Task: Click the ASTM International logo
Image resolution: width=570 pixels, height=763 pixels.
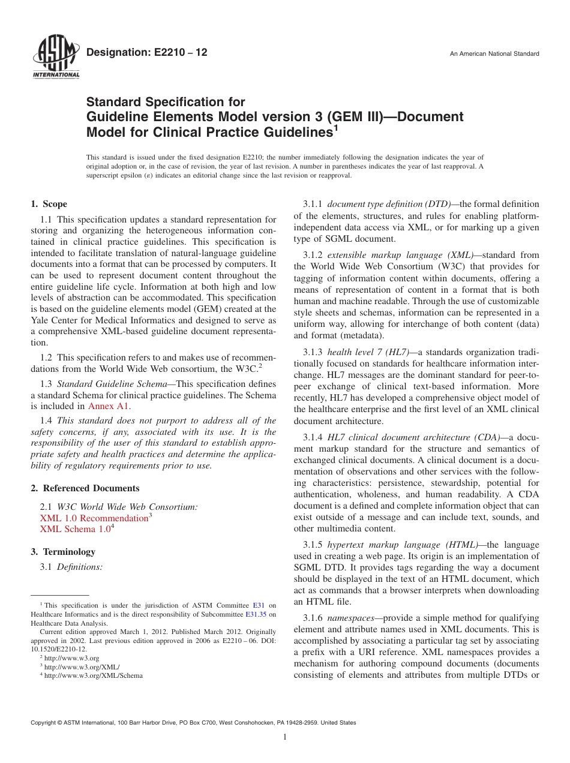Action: (56, 58)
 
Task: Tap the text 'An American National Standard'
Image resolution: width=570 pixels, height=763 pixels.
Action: (494, 54)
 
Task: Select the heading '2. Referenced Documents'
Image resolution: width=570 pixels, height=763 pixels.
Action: (85, 488)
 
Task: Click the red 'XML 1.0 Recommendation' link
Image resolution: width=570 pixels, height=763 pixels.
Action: (94, 518)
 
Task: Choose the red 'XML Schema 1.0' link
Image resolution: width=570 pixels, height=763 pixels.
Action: (75, 529)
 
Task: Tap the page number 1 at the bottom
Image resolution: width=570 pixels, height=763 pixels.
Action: (285, 737)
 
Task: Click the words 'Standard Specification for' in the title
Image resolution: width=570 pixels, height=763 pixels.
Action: (166, 103)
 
